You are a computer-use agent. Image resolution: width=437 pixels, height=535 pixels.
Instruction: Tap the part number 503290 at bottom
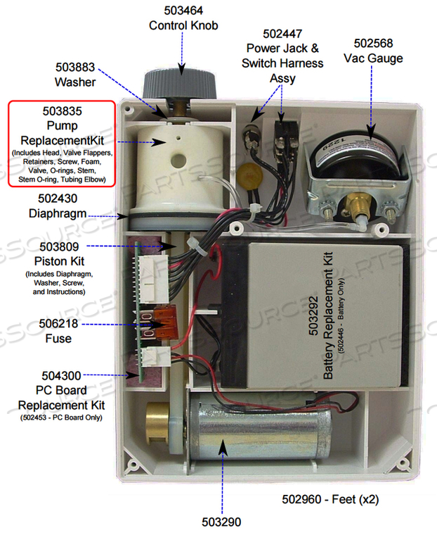[x=222, y=523]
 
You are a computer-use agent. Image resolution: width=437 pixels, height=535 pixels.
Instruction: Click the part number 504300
[x=61, y=377]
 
